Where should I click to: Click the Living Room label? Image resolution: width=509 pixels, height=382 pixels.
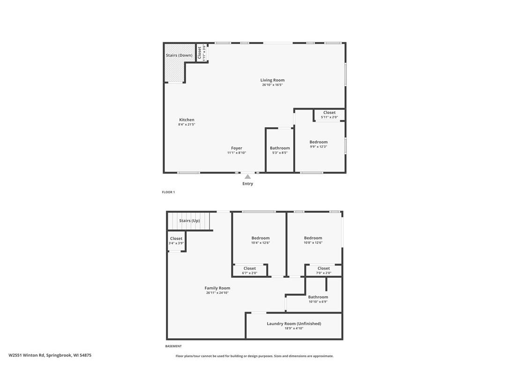click(272, 80)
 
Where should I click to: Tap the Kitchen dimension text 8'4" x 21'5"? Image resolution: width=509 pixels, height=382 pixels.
click(187, 124)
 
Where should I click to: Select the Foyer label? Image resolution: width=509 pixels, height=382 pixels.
click(237, 148)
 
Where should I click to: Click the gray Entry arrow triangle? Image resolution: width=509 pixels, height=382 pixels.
click(247, 177)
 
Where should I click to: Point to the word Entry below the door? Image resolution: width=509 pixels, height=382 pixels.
click(247, 184)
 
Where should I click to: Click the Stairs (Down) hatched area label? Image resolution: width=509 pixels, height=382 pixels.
click(179, 55)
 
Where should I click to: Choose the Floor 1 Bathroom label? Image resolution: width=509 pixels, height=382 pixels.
click(280, 148)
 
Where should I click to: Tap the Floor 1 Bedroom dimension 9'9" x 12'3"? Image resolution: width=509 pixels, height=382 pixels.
click(318, 146)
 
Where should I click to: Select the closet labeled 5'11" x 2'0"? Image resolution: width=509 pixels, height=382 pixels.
click(329, 115)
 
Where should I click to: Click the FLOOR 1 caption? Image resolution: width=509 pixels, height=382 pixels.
click(168, 192)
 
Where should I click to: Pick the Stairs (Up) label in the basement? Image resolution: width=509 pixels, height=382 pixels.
click(189, 221)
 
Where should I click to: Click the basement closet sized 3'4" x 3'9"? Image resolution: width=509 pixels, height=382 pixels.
click(176, 241)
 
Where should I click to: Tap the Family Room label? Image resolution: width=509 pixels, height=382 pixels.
click(217, 288)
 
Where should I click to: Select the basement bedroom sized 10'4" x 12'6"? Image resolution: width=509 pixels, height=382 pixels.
click(260, 240)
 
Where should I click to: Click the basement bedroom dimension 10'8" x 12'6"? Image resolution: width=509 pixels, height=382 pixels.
click(313, 243)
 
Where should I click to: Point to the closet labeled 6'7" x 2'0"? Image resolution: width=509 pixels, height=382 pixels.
click(249, 270)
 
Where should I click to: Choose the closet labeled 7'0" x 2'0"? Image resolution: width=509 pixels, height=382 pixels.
click(323, 270)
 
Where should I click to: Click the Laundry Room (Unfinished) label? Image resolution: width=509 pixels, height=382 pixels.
click(294, 324)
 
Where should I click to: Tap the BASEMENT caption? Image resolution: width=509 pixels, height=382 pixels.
click(173, 346)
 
